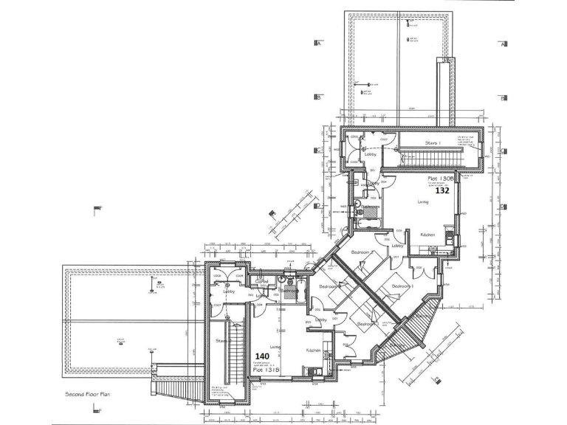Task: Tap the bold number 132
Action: (441, 190)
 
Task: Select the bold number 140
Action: (262, 356)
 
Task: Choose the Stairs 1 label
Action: (433, 143)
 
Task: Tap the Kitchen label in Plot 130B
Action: (427, 235)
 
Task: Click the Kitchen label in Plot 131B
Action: (312, 350)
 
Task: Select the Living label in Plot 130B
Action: (423, 201)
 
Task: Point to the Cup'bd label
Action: (261, 281)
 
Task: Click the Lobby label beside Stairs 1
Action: (371, 154)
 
